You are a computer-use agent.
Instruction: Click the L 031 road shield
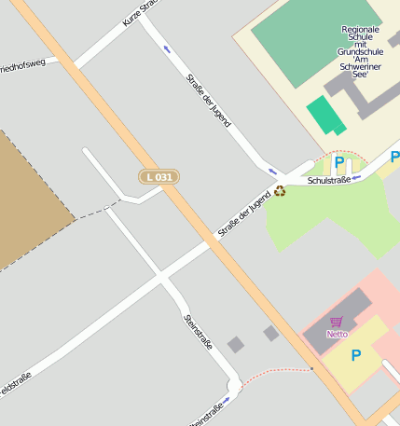[x=159, y=176]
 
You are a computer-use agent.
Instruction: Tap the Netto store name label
[x=337, y=334]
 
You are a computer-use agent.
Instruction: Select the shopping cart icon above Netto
[x=337, y=322]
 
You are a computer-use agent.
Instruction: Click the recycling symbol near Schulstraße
[x=280, y=192]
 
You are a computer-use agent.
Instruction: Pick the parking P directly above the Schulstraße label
[x=339, y=163]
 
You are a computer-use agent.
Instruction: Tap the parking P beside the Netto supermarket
[x=355, y=354]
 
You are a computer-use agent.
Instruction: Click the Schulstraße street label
[x=327, y=181]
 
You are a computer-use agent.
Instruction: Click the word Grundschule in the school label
[x=360, y=53]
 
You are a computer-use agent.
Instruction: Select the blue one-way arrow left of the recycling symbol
[x=271, y=171]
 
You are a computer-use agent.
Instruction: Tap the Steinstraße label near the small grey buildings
[x=199, y=333]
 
